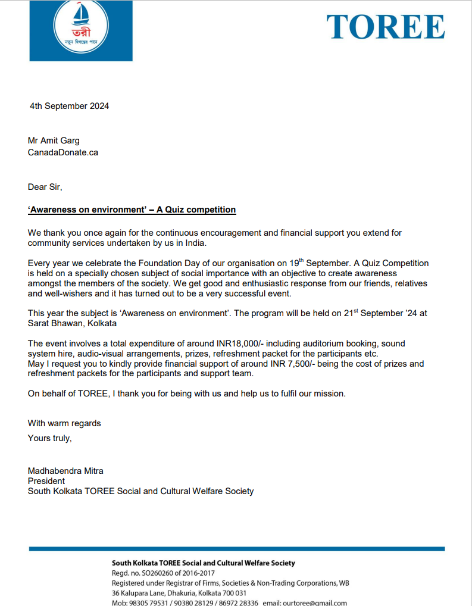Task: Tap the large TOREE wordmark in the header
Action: pos(385,27)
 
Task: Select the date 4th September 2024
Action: pos(69,107)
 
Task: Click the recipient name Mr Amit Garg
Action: pos(54,140)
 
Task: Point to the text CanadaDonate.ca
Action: pos(63,152)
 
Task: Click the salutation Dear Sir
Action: pos(45,187)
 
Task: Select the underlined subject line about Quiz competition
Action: pos(132,210)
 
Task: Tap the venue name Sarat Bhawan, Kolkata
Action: pos(72,323)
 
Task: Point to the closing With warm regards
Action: pos(64,423)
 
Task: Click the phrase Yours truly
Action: pos(49,438)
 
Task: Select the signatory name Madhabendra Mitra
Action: pos(65,471)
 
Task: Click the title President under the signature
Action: pos(46,481)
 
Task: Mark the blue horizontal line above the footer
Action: pos(236,548)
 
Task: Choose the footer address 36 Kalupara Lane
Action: pos(146,593)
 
